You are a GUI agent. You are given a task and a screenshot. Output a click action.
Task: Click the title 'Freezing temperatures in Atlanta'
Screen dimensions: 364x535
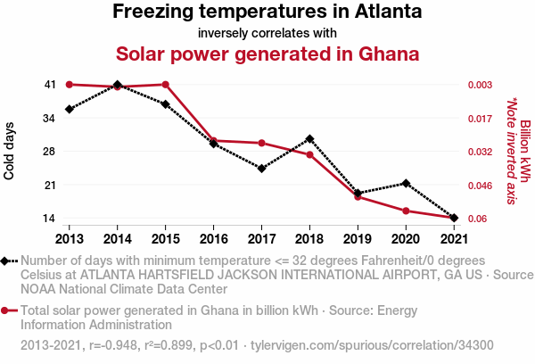[x=267, y=12]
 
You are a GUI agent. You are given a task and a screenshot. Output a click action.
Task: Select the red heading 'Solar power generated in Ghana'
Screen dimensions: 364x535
[x=267, y=54]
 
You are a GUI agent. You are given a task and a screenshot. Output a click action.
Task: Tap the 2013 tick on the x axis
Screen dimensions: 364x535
[x=69, y=238]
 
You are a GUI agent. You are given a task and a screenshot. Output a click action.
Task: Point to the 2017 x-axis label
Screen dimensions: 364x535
[x=261, y=238]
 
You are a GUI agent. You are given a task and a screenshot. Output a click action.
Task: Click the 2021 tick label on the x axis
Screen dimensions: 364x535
[x=455, y=238]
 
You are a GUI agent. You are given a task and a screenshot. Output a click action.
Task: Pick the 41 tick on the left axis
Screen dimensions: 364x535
[x=49, y=85]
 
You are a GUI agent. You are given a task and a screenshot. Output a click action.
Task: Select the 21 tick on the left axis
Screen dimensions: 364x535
[x=49, y=186]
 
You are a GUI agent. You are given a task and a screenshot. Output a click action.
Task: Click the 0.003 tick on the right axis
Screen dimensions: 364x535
[x=481, y=85]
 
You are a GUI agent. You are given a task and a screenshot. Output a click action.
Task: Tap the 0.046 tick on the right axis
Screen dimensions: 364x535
[x=481, y=186]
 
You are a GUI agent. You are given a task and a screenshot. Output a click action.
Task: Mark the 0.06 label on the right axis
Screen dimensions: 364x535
[x=478, y=219]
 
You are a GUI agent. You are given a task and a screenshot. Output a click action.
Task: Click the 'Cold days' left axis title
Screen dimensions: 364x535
[x=10, y=151]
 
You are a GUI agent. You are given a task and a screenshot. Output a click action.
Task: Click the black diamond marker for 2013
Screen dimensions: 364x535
[x=69, y=109]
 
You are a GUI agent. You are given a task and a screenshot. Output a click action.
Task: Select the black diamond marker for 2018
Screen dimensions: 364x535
[x=309, y=138]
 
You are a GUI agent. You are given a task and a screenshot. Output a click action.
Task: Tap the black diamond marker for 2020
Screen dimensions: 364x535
[x=406, y=184]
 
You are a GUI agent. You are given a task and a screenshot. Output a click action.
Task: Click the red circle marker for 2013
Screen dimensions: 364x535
[x=69, y=85]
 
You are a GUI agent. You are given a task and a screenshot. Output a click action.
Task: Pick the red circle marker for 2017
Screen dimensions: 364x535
[x=261, y=143]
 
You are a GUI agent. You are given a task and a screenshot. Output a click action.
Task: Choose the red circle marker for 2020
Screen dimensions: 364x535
[x=406, y=211]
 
